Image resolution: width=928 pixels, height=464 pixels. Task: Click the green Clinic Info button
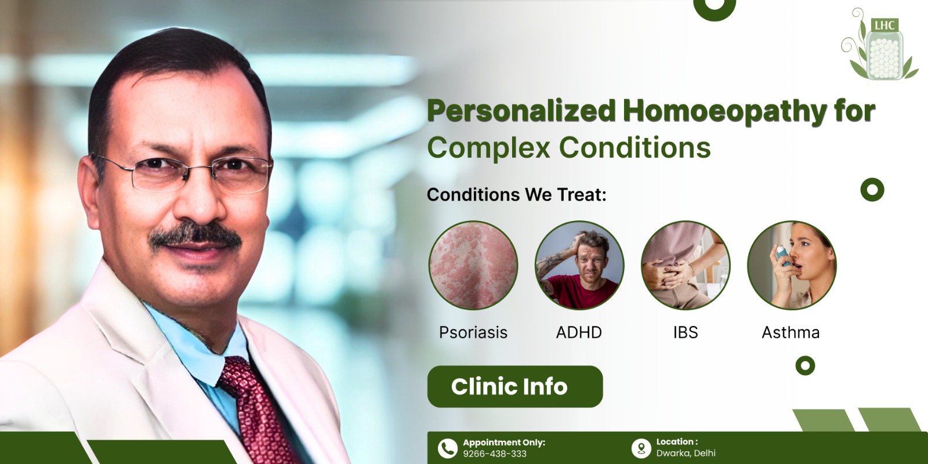[515, 386]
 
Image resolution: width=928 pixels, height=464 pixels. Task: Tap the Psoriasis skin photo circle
[473, 265]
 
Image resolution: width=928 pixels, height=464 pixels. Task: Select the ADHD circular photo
[579, 265]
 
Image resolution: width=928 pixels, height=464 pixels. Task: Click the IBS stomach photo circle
[686, 265]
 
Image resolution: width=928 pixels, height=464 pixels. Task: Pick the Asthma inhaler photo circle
[792, 265]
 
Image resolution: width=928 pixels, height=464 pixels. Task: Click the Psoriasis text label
[473, 332]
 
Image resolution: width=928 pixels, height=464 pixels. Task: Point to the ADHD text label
[579, 332]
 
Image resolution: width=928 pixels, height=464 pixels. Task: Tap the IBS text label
[686, 332]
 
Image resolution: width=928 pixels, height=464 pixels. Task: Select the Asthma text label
[791, 332]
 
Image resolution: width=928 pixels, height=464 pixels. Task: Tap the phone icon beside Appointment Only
[447, 448]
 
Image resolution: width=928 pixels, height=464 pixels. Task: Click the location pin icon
[641, 448]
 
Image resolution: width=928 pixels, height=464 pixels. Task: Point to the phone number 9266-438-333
[494, 454]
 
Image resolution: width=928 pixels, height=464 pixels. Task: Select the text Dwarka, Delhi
[686, 453]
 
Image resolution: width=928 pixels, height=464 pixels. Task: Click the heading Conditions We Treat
[516, 194]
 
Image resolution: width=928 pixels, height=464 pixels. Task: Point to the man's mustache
[196, 234]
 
